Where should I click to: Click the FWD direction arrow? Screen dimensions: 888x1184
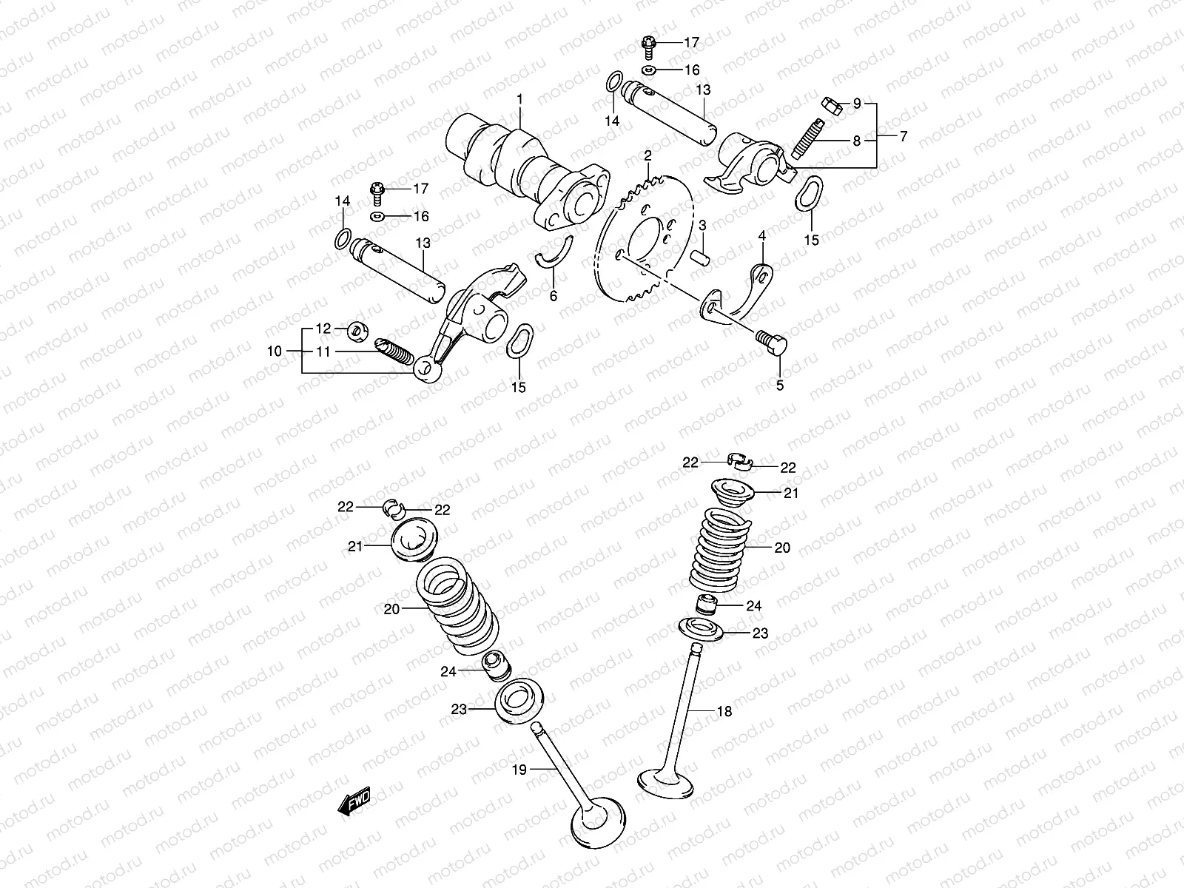point(353,803)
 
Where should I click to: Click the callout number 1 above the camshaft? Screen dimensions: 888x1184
point(519,98)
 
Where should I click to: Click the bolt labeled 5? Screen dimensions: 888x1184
point(773,341)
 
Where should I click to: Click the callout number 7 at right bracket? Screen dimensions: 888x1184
point(903,136)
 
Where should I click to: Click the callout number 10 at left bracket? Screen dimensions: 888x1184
point(275,351)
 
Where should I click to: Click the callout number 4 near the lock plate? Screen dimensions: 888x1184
point(761,235)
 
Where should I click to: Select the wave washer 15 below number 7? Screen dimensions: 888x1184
point(809,192)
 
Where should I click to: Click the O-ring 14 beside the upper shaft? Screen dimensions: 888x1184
point(612,83)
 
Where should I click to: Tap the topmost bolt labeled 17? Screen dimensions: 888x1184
point(647,44)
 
